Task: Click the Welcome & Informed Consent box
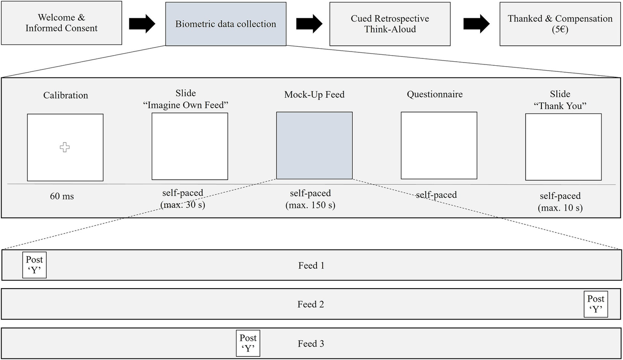tap(62, 23)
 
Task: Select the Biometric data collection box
tap(226, 24)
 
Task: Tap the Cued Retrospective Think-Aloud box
tap(390, 24)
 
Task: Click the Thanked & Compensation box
tap(560, 24)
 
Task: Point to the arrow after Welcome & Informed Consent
tap(142, 24)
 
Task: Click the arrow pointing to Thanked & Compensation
tap(476, 24)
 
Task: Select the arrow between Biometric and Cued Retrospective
tap(309, 24)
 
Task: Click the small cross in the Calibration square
tap(65, 147)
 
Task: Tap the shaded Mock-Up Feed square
tap(314, 145)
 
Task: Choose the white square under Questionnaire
tap(439, 145)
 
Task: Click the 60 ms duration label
tap(62, 196)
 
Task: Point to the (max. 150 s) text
tap(310, 205)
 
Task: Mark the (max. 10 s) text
tap(560, 208)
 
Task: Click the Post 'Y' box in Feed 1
tap(34, 265)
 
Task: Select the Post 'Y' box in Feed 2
tap(596, 304)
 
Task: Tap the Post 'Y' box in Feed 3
tap(248, 343)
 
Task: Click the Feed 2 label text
tap(310, 304)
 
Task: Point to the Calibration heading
tap(65, 95)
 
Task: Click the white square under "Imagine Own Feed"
tap(190, 146)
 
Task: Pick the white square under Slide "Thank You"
tap(563, 147)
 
